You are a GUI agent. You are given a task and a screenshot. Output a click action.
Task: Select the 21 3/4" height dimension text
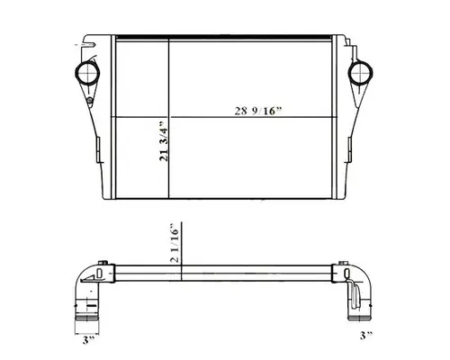163,144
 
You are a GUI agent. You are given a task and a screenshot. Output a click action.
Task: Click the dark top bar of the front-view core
225,39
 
